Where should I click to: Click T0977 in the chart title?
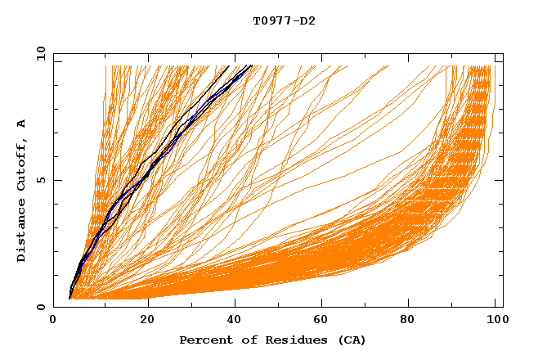pyautogui.click(x=271, y=20)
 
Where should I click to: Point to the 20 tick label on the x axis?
pyautogui.click(x=147, y=319)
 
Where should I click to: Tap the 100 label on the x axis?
pyautogui.click(x=495, y=319)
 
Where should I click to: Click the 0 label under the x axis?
pyautogui.click(x=53, y=319)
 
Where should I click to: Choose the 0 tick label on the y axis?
pyautogui.click(x=40, y=307)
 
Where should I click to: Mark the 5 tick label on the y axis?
pyautogui.click(x=40, y=180)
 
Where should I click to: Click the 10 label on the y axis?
pyautogui.click(x=38, y=53)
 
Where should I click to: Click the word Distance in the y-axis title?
pyautogui.click(x=21, y=231)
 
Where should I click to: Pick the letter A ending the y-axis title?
pyautogui.click(x=21, y=124)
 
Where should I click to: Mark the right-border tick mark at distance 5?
pyautogui.click(x=499, y=180)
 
